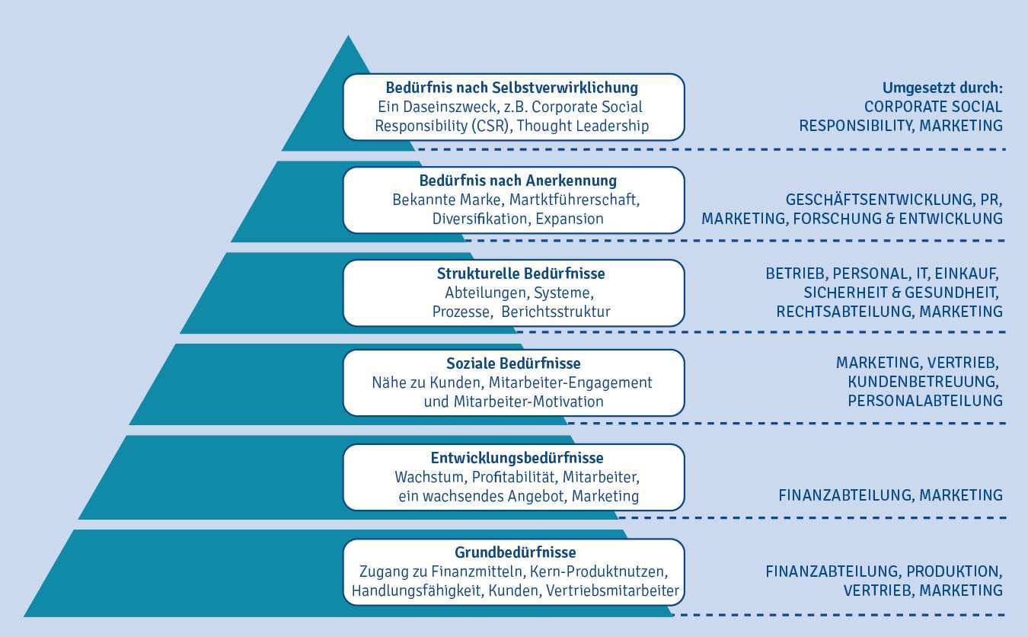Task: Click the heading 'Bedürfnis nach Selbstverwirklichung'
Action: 512,88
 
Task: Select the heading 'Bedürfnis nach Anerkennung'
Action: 518,181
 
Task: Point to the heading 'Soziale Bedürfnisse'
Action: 513,364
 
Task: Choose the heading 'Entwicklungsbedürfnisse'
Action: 517,458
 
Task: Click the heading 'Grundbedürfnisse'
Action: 516,552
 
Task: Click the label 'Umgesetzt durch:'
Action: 942,88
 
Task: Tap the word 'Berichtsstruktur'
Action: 556,312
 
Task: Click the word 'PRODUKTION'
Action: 956,571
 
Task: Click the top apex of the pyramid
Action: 348,37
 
